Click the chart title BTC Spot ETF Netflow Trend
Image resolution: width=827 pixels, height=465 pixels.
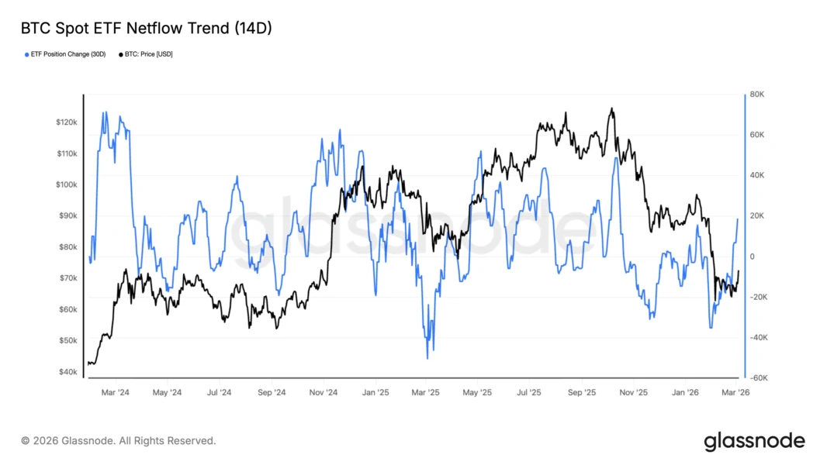146,29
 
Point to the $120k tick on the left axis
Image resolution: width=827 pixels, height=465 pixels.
66,122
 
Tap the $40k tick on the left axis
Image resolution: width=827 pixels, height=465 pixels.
67,372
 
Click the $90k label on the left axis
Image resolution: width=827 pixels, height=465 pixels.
67,216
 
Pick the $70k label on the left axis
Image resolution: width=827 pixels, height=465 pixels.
67,278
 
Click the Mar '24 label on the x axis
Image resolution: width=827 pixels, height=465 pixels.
116,392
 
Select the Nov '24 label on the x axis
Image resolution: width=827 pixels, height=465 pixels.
322,392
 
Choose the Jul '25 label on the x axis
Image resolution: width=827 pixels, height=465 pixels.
528,392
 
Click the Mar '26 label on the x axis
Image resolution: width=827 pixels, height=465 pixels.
735,392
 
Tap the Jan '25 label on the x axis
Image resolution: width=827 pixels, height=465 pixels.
375,392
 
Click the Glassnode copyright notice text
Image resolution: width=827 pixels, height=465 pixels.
119,441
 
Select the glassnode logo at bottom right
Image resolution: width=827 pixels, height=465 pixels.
754,442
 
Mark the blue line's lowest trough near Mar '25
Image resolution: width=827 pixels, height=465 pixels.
427,358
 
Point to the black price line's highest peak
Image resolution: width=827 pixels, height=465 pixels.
612,108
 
